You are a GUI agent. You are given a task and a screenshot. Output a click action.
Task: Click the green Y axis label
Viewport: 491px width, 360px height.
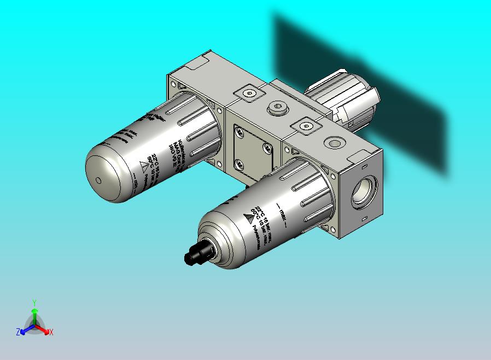34,302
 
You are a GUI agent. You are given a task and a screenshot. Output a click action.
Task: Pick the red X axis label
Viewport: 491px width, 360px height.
51,332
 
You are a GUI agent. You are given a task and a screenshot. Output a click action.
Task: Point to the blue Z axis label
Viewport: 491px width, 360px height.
17,332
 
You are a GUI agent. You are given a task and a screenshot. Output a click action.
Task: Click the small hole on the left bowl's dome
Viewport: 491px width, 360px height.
98,181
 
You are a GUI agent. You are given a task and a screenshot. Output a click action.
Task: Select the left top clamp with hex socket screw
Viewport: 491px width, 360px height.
248,94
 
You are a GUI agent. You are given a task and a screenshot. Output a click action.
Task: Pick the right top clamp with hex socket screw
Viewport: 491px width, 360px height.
307,126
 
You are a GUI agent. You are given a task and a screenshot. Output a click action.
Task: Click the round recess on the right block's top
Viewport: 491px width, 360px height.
332,143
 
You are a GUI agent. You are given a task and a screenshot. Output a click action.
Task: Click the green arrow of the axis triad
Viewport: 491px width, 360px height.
34,315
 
